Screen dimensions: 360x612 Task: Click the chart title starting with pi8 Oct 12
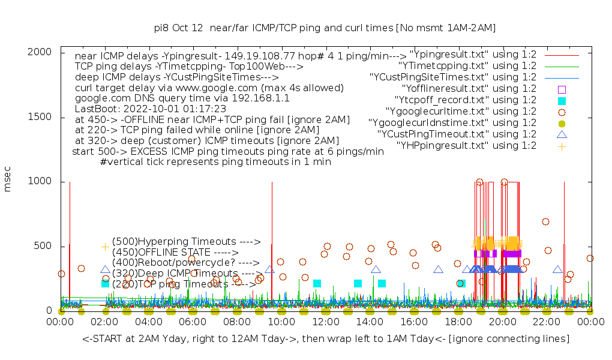pyautogui.click(x=325, y=28)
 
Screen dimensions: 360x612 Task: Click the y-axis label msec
pyautogui.click(x=8, y=180)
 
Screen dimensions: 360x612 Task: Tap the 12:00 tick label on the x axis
pyautogui.click(x=325, y=323)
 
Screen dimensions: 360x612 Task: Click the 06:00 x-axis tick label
pyautogui.click(x=193, y=323)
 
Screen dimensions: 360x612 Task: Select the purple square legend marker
pyautogui.click(x=562, y=89)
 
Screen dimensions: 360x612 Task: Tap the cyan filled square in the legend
pyautogui.click(x=562, y=100)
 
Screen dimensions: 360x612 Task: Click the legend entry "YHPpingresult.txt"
pyautogui.click(x=466, y=145)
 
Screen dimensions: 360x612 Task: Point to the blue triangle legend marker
pyautogui.click(x=562, y=134)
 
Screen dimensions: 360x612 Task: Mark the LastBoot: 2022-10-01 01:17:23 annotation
pyautogui.click(x=151, y=109)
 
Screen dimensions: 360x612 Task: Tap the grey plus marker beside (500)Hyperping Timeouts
pyautogui.click(x=105, y=247)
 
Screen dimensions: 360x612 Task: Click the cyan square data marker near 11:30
pyautogui.click(x=317, y=283)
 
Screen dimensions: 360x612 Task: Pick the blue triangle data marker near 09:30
pyautogui.click(x=269, y=269)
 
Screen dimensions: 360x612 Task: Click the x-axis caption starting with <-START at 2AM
pyautogui.click(x=326, y=339)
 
